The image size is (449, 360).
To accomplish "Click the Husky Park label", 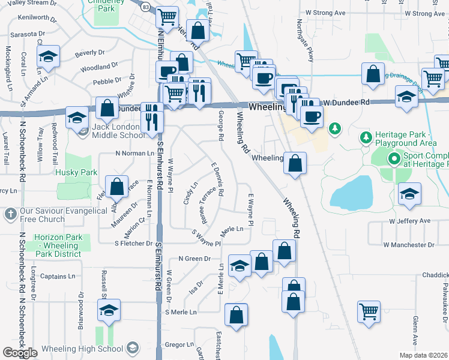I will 76,172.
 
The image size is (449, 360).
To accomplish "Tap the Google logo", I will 20,352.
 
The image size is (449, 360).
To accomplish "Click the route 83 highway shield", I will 146,7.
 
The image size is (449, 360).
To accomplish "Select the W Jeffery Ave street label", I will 410,221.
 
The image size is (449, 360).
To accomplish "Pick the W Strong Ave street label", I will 325,12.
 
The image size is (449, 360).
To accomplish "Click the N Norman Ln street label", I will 135,154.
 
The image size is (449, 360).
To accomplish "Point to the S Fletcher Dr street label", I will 133,243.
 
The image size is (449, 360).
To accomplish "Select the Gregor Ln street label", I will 178,344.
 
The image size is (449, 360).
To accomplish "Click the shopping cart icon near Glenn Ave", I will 369,311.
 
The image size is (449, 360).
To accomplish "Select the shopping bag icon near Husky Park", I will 117,187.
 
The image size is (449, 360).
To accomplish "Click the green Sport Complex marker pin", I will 394,159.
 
